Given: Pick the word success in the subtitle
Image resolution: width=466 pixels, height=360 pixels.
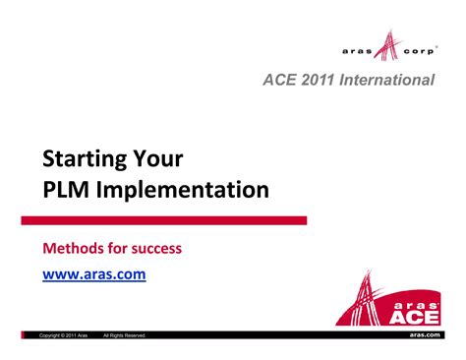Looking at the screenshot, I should [x=156, y=248].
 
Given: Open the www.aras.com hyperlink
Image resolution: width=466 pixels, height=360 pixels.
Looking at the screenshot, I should [x=93, y=274].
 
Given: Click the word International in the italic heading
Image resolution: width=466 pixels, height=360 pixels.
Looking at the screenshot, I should [x=385, y=79].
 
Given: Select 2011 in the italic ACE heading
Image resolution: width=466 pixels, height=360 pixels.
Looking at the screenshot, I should [x=316, y=79].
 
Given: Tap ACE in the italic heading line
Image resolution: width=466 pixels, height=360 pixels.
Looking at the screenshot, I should [x=278, y=79].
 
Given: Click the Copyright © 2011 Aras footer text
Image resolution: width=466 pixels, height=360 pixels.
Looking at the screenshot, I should [x=64, y=336].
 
